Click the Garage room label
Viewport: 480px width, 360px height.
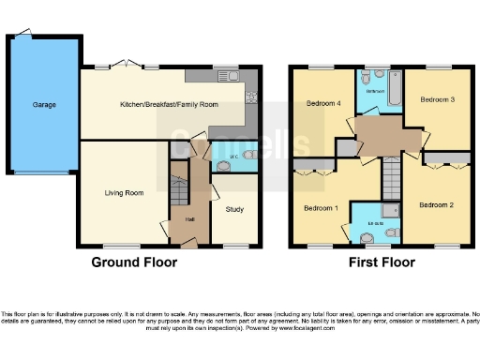[x=42, y=105]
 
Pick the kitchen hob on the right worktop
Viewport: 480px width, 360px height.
[x=251, y=97]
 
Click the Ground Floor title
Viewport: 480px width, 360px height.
[x=133, y=262]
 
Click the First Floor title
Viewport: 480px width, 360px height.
[x=382, y=262]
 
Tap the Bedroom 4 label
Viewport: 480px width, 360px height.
[x=323, y=105]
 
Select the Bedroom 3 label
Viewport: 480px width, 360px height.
[x=437, y=98]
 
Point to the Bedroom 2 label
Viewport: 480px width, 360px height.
[x=436, y=204]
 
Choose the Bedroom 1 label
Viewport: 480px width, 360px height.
[x=321, y=207]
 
